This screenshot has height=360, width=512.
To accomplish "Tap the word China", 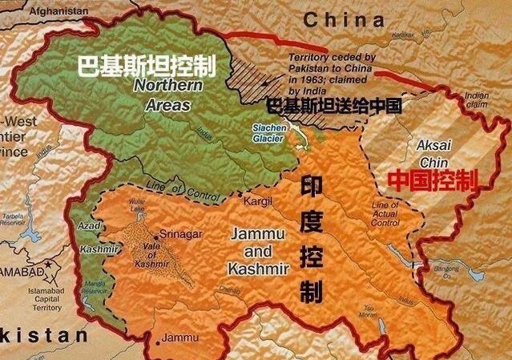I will coord(344,19).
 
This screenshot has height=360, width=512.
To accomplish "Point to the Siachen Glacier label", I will coord(269,134).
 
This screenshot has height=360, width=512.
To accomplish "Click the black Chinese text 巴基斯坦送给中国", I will coord(333,105).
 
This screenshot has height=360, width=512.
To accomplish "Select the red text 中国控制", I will coord(433,180).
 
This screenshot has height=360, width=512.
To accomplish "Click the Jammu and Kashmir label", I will coord(258,250).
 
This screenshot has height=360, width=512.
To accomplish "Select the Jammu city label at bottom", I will coord(179,338).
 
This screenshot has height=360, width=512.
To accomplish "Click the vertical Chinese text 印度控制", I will coord(310,240).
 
